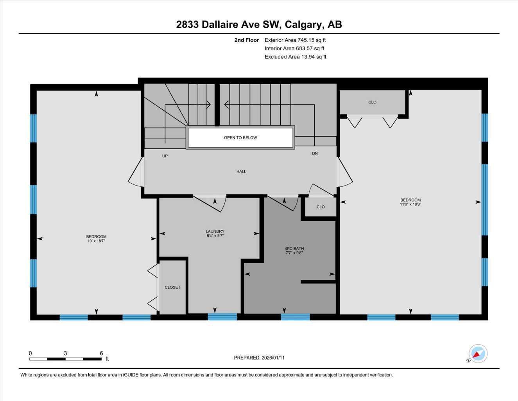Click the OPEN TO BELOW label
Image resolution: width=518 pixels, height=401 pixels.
(240, 138)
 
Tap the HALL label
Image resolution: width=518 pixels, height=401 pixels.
(241, 172)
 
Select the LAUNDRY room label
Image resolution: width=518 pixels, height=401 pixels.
(215, 231)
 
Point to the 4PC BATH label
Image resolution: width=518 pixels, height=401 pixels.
(294, 249)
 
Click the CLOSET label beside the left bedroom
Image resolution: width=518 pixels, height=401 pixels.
(172, 287)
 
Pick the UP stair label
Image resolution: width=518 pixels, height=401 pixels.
(165, 156)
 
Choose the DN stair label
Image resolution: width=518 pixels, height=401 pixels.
(315, 154)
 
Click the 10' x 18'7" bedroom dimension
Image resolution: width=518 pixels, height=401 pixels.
(96, 241)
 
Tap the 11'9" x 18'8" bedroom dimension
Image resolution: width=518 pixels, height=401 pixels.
(410, 204)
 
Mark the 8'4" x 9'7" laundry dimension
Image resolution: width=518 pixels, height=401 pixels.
(215, 236)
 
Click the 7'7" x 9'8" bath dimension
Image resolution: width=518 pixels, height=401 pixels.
(294, 253)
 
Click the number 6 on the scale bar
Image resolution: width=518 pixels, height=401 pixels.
(101, 353)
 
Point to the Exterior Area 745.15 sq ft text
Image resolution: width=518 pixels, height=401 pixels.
(295, 40)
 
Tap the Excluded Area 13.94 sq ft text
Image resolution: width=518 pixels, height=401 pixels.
(295, 57)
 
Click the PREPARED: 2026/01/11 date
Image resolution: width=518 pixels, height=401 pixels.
(259, 358)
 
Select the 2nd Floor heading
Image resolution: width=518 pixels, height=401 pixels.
(247, 40)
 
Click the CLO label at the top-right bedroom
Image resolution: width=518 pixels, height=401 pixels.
(372, 102)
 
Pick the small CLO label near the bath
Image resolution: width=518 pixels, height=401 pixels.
(321, 207)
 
